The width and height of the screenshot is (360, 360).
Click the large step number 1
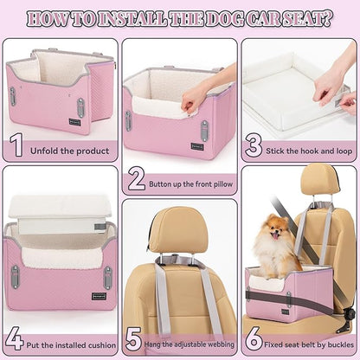pyautogui.click(x=16, y=145)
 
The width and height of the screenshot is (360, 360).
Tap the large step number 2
pyautogui.click(x=136, y=178)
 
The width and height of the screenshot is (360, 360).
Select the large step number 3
pyautogui.click(x=253, y=145)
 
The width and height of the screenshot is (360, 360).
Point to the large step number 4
pyautogui.click(x=14, y=337)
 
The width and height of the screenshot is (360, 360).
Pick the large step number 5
pyautogui.click(x=133, y=337)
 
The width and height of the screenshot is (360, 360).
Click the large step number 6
pyautogui.click(x=254, y=337)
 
